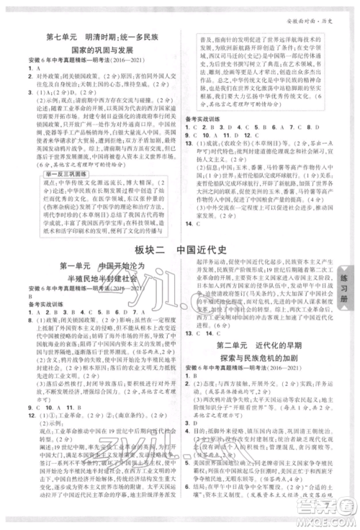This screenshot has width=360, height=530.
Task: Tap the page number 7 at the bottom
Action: pos(181,524)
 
